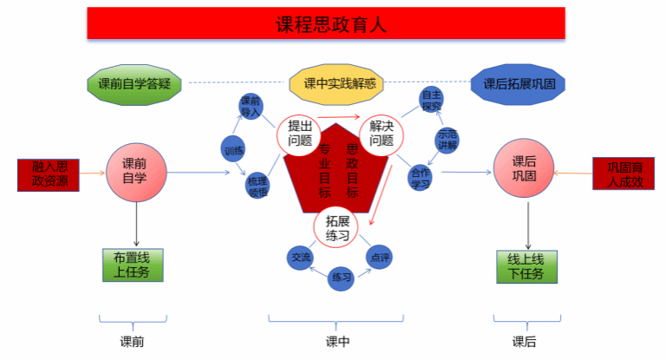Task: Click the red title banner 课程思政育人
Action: tap(325, 23)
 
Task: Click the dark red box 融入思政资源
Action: tap(49, 173)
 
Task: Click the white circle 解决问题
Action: tap(382, 134)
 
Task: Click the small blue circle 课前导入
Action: tap(251, 107)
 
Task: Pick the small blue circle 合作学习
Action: tap(421, 177)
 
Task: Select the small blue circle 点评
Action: tap(379, 257)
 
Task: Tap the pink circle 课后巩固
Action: tap(524, 167)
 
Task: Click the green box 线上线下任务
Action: tap(526, 267)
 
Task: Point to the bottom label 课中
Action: tap(337, 341)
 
